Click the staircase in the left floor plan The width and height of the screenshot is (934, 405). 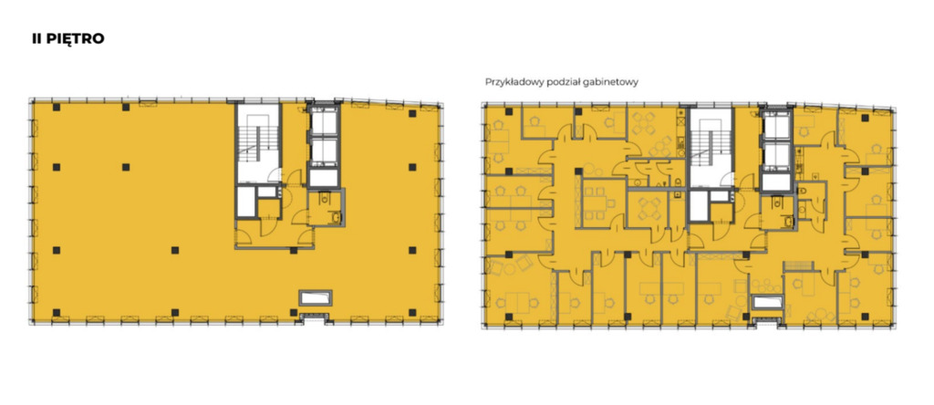[x=258, y=143]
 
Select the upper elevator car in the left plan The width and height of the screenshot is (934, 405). [x=324, y=122]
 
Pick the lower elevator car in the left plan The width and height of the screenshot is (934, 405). [x=324, y=151]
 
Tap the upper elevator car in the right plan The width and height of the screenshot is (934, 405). [x=775, y=126]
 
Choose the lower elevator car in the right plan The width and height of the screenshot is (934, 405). [x=775, y=154]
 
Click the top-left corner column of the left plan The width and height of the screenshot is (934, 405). [x=56, y=108]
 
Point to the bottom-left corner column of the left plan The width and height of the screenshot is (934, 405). [x=56, y=312]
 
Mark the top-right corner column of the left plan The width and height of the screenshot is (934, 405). [x=411, y=112]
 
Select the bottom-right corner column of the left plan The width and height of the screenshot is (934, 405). [x=411, y=312]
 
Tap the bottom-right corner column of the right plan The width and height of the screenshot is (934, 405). [x=865, y=317]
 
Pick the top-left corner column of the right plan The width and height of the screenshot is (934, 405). [x=508, y=111]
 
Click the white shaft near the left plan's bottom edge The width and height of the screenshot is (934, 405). [x=315, y=297]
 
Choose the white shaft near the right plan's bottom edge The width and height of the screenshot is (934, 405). [x=766, y=302]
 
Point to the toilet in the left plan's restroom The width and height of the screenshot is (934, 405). [x=325, y=198]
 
